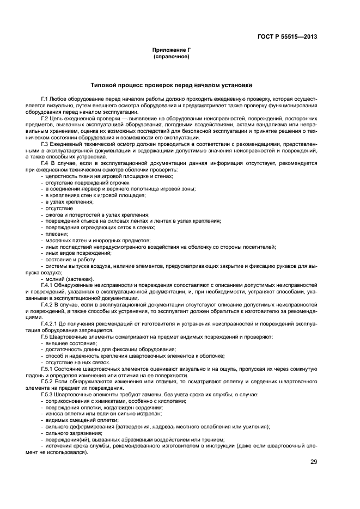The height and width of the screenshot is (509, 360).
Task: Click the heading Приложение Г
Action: (x=171, y=50)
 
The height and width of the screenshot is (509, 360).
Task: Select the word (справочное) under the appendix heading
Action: (x=171, y=57)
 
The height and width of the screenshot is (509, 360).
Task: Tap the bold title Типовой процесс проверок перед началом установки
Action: (x=171, y=85)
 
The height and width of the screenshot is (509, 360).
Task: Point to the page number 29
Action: (x=314, y=462)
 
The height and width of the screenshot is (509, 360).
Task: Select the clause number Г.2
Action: (x=45, y=117)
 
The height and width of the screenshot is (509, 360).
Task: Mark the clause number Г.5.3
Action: (x=47, y=394)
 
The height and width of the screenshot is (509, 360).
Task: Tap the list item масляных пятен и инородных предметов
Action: (x=90, y=240)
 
